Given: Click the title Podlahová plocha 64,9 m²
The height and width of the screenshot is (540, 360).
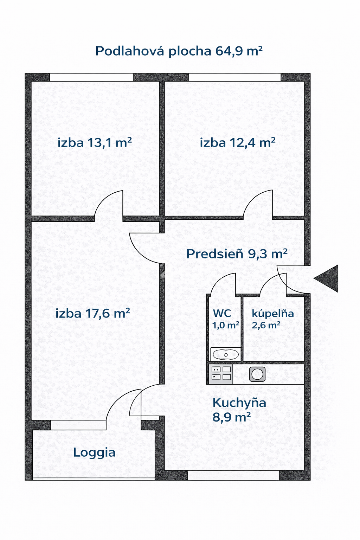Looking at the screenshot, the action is pyautogui.click(x=179, y=51).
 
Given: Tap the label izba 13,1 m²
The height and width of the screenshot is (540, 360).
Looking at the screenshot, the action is pyautogui.click(x=95, y=142).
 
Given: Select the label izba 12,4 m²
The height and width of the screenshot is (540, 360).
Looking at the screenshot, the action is pyautogui.click(x=238, y=142).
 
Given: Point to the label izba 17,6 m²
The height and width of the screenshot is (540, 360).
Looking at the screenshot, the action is pyautogui.click(x=92, y=313).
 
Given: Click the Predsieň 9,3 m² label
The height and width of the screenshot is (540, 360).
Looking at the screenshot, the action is pyautogui.click(x=237, y=253).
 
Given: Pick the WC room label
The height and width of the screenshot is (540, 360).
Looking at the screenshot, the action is pyautogui.click(x=225, y=319).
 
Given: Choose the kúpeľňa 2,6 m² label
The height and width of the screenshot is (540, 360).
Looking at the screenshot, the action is pyautogui.click(x=273, y=319).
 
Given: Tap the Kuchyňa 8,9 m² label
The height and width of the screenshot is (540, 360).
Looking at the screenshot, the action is pyautogui.click(x=239, y=410).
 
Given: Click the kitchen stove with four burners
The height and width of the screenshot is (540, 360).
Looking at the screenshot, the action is pyautogui.click(x=221, y=374).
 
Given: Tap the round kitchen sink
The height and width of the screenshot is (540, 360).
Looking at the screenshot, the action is pyautogui.click(x=257, y=374).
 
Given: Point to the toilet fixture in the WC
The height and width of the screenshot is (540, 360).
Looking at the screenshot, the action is pyautogui.click(x=226, y=355).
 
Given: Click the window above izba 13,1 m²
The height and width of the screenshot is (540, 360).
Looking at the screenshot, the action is pyautogui.click(x=92, y=77).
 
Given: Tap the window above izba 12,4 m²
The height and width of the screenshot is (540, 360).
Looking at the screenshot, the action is pyautogui.click(x=234, y=77).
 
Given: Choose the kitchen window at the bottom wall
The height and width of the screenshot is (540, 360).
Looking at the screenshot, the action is pyautogui.click(x=233, y=475).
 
